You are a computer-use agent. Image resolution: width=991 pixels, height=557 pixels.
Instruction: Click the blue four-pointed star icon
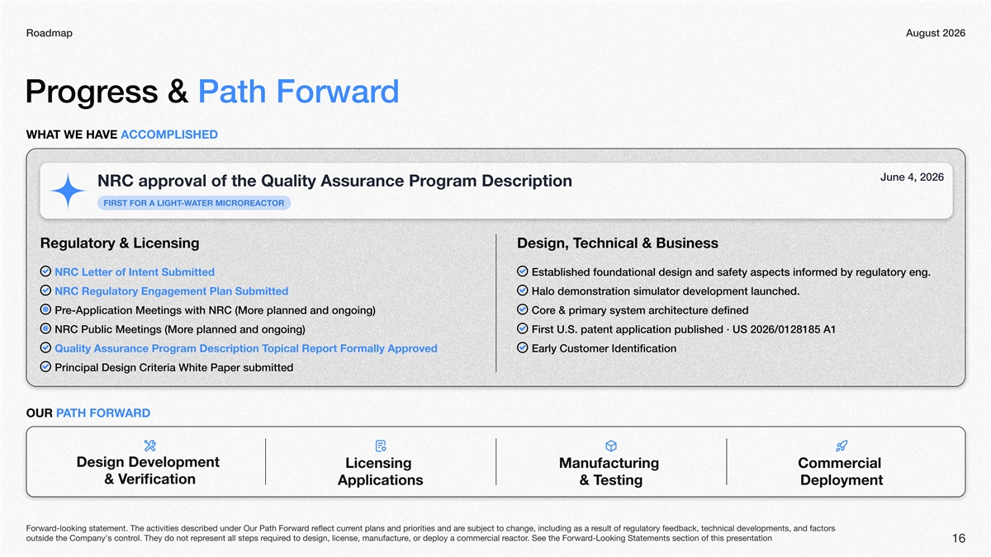68,191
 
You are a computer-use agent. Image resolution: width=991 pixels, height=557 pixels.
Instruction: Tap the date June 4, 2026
912,177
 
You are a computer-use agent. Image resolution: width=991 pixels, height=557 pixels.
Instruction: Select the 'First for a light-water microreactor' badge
194,203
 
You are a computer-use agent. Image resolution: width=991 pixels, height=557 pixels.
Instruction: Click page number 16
959,538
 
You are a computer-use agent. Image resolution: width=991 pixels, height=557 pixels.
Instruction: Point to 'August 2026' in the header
935,33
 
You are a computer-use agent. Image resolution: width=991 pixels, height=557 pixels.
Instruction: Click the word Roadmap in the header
49,33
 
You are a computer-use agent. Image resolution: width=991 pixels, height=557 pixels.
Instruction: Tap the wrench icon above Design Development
150,446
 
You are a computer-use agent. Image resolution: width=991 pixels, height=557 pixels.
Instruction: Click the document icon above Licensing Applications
381,446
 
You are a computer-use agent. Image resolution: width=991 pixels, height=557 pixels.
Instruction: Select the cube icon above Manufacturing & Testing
611,446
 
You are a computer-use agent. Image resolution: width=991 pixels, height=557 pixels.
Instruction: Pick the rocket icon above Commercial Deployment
842,446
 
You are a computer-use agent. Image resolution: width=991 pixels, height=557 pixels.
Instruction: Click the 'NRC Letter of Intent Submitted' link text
135,271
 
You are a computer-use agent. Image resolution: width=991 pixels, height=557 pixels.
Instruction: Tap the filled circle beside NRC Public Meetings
45,328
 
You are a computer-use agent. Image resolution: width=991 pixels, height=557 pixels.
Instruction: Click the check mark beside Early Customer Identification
523,347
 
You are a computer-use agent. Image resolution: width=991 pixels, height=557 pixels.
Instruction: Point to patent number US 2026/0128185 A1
784,329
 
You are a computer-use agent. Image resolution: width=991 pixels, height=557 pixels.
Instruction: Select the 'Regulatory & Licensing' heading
120,243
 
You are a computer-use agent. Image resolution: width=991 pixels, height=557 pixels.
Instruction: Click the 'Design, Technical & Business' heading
618,243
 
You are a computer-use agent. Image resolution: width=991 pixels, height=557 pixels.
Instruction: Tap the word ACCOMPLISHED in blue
169,135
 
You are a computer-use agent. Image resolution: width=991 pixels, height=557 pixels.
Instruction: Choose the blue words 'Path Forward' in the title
299,92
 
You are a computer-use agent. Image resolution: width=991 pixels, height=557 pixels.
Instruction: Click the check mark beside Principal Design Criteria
45,366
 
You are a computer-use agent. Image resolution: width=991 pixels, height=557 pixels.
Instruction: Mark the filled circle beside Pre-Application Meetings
45,309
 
